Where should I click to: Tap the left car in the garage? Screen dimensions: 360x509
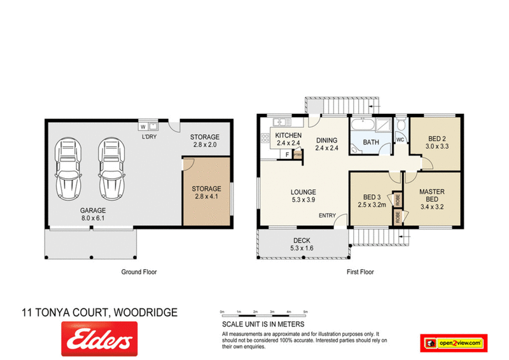point(69,168)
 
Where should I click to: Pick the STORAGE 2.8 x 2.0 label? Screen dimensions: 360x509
point(206,141)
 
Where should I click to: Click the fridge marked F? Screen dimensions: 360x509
point(288,154)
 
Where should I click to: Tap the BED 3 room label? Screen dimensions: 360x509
point(371,201)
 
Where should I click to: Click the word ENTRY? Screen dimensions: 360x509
point(327,216)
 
